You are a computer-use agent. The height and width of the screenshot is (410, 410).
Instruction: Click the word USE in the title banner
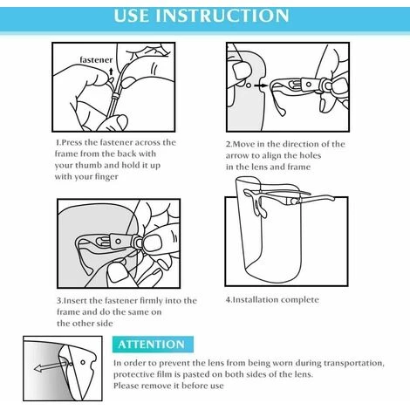tap(132, 16)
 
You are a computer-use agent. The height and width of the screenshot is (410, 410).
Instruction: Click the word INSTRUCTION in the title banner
tap(222, 16)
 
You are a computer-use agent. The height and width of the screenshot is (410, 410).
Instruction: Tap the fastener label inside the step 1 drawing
tap(96, 60)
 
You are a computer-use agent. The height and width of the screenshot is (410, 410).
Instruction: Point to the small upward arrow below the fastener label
tap(111, 72)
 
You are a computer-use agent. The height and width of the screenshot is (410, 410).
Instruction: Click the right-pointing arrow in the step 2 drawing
tap(261, 85)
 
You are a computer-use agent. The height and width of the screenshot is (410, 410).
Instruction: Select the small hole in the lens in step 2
tap(249, 85)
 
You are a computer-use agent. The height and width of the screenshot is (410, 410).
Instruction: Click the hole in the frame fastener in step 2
tap(309, 85)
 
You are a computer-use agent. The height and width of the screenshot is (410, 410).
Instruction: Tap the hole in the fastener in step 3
tap(118, 242)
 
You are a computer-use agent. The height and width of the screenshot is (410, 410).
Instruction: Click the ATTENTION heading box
tap(153, 345)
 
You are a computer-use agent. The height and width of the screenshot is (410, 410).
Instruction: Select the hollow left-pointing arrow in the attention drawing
tap(50, 366)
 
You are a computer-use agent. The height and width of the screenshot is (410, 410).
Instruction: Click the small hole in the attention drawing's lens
tap(83, 362)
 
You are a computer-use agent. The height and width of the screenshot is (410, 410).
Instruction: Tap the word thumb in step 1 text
tap(88, 166)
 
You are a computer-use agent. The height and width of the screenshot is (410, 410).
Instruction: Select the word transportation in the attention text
tap(354, 363)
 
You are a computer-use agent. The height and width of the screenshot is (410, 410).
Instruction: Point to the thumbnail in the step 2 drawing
tap(242, 70)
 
